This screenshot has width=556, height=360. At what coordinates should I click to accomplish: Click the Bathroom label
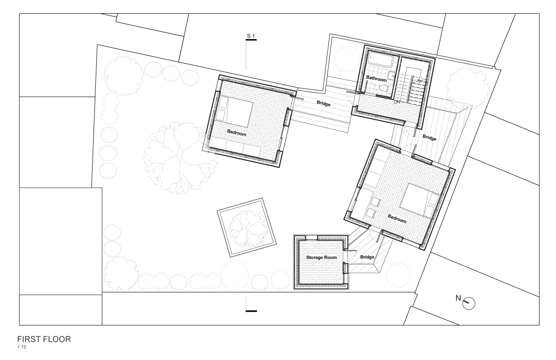pyautogui.click(x=376, y=79)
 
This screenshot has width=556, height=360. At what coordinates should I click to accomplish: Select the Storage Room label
pyautogui.click(x=322, y=257)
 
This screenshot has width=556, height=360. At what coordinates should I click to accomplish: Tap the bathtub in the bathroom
pyautogui.click(x=380, y=59)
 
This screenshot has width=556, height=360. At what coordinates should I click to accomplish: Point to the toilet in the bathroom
pyautogui.click(x=383, y=88)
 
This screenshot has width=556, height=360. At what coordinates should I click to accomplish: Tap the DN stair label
pyautogui.click(x=397, y=102)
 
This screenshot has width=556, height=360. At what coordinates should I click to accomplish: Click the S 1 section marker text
pyautogui.click(x=251, y=36)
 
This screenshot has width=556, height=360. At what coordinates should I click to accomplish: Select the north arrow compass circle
pyautogui.click(x=469, y=303)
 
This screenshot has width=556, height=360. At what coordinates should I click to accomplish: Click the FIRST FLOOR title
pyautogui.click(x=44, y=339)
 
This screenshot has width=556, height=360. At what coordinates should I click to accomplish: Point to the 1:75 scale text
pyautogui.click(x=22, y=347)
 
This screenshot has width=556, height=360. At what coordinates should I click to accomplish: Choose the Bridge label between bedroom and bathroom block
pyautogui.click(x=323, y=103)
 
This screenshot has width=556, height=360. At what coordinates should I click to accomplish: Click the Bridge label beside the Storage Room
pyautogui.click(x=367, y=257)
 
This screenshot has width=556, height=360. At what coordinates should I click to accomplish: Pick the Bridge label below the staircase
pyautogui.click(x=429, y=137)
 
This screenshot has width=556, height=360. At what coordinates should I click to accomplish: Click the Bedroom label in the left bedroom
pyautogui.click(x=237, y=133)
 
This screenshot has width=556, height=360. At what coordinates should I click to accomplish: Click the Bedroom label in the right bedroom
pyautogui.click(x=397, y=219)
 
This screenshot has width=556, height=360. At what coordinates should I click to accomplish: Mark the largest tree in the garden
pyautogui.click(x=180, y=157)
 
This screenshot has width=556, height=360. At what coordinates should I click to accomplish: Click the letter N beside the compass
pyautogui.click(x=458, y=298)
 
